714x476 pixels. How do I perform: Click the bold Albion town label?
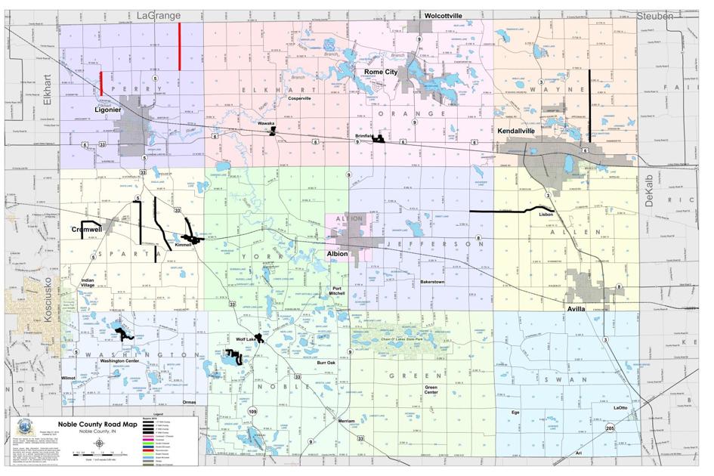click(x=337, y=254)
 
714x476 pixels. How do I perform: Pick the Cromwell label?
click(x=87, y=228)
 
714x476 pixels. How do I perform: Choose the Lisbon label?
click(x=546, y=215)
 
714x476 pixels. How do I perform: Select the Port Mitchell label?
click(x=342, y=291)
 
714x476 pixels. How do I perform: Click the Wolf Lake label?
click(x=248, y=340)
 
